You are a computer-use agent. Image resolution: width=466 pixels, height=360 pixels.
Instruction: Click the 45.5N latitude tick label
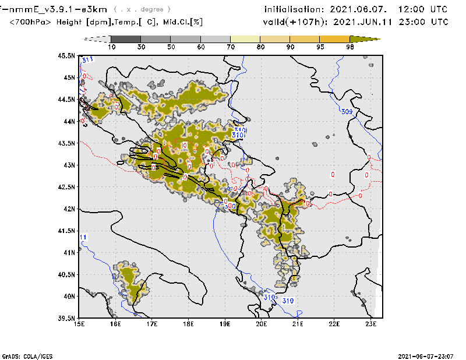tap(68, 56)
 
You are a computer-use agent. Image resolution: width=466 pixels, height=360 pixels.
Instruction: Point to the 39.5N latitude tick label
tap(68, 318)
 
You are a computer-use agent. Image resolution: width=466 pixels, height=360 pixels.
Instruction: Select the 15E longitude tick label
tap(80, 323)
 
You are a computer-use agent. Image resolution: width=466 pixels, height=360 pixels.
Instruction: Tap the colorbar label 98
tap(350, 46)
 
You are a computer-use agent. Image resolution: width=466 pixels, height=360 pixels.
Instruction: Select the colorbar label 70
tap(230, 46)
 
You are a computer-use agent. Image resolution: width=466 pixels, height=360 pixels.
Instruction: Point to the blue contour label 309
tap(347, 112)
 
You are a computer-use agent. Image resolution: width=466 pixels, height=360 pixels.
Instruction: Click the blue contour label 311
tap(89, 60)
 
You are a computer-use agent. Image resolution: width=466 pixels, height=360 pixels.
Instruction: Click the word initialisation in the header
tap(294, 10)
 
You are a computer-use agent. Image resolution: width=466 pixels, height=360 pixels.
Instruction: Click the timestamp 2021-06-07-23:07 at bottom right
tap(426, 355)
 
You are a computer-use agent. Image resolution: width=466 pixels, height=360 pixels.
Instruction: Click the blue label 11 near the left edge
tap(83, 237)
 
